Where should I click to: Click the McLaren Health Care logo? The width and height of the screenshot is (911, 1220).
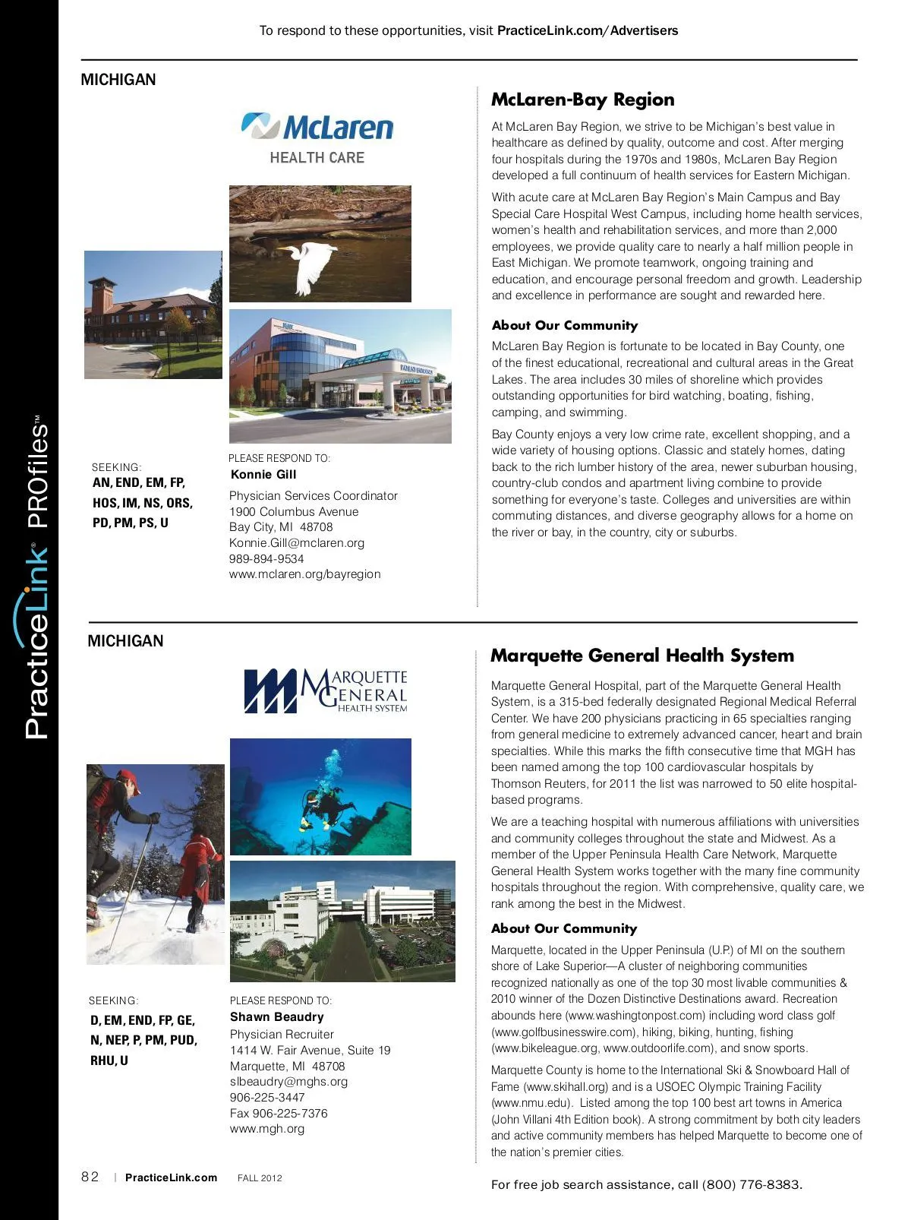pyautogui.click(x=317, y=137)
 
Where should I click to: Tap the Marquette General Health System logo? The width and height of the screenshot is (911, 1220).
pyautogui.click(x=326, y=691)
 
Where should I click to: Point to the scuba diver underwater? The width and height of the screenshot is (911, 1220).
pyautogui.click(x=325, y=805)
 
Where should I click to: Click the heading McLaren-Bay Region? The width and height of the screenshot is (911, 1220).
pyautogui.click(x=582, y=100)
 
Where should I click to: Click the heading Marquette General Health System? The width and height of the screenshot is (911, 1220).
pyautogui.click(x=641, y=656)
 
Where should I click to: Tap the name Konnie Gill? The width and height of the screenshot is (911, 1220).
pyautogui.click(x=263, y=475)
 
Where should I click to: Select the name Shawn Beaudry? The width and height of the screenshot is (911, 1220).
pyautogui.click(x=276, y=1017)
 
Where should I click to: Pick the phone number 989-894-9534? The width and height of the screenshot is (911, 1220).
pyautogui.click(x=266, y=559)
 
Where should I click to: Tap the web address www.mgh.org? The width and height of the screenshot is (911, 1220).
pyautogui.click(x=266, y=1129)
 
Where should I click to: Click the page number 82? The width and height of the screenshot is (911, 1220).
pyautogui.click(x=90, y=1177)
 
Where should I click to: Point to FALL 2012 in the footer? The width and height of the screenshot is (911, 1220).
pyautogui.click(x=260, y=1178)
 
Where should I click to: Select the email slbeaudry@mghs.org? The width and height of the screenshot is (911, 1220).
pyautogui.click(x=288, y=1082)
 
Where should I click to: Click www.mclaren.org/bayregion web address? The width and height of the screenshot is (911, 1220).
pyautogui.click(x=304, y=574)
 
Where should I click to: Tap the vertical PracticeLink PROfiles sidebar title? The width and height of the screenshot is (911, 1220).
pyautogui.click(x=36, y=577)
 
